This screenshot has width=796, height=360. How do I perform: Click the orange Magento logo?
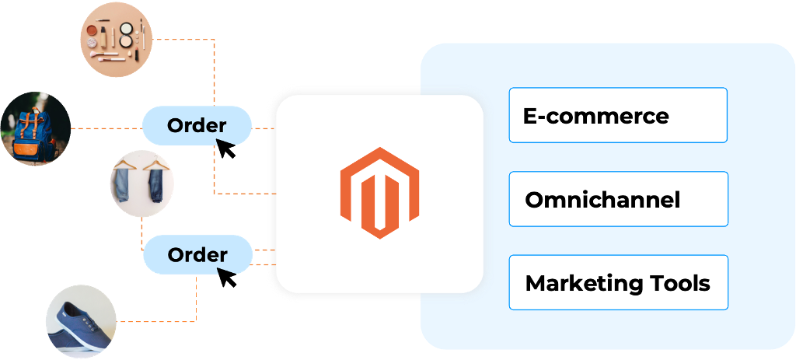pos(379,192)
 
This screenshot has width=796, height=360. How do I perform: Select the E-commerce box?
pos(618,115)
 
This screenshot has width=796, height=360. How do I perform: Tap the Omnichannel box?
pos(618,199)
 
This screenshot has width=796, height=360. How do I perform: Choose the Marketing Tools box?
pos(618,282)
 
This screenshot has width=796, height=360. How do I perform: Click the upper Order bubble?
pos(197,125)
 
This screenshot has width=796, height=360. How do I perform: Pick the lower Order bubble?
pos(197,254)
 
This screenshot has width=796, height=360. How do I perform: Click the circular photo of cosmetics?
pos(117,37)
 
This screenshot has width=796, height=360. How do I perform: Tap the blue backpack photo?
pos(35,128)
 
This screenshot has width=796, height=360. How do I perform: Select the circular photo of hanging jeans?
pos(141,183)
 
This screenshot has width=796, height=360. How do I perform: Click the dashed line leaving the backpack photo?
pos(105,128)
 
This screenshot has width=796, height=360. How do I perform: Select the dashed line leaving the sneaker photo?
pos(155,320)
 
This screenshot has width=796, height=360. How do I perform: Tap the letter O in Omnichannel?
pos(535,200)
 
